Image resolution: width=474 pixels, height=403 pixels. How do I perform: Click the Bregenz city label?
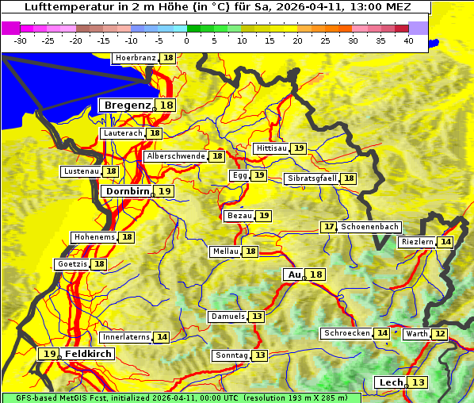coord(127,105)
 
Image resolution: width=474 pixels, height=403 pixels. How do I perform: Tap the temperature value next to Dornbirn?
coord(164,191)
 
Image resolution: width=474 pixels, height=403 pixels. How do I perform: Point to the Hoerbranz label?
coord(135,58)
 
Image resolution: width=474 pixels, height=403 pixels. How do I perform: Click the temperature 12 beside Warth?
coord(439,334)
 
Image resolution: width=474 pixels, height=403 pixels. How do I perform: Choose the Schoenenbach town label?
coord(369,227)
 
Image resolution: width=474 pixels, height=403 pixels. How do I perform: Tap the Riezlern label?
coord(418,241)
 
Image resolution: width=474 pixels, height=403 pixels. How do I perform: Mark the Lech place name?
coord(392,382)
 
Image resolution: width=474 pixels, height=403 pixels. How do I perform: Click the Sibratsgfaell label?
coord(312,178)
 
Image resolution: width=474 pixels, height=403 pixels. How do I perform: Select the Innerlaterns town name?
coord(127,337)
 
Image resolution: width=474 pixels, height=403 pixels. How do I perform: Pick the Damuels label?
coord(227,317)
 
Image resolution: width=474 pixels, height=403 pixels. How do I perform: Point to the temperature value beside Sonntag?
coord(260,355)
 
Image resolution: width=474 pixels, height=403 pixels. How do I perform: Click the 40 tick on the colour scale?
coord(408,40)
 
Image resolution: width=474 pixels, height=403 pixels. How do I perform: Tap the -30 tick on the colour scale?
coord(21,40)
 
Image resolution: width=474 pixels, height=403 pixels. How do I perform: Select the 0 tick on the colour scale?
coord(186,40)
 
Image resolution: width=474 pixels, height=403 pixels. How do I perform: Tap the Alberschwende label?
coord(176,156)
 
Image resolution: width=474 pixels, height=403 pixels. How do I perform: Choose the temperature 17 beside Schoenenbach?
coord(328,227)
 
